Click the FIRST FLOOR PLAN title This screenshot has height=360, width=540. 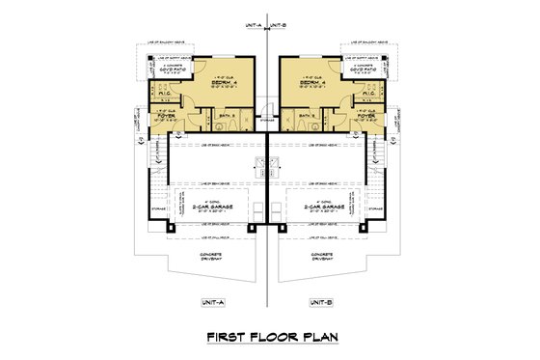point(269,337)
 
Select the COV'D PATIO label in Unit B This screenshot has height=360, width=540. point(367,69)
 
